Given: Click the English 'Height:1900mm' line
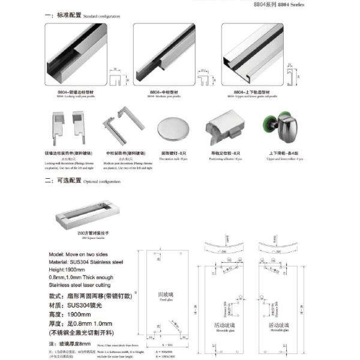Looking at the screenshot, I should click(x=67, y=270).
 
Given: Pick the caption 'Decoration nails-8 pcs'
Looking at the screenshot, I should click(x=175, y=158).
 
